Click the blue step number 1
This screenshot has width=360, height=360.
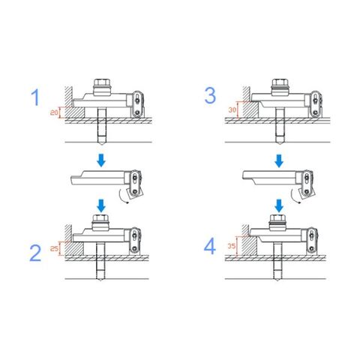point(35,97)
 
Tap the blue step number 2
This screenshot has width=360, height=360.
point(35,253)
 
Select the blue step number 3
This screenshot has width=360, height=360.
point(210,95)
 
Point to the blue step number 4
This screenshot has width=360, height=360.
point(210,247)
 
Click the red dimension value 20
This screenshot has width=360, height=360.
point(54,112)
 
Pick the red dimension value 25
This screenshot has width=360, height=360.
point(54,249)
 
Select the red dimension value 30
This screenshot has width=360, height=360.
point(232,109)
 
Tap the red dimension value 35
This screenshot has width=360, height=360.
point(232,246)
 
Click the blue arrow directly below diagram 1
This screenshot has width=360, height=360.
point(101,160)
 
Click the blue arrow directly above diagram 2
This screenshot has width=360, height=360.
point(101,205)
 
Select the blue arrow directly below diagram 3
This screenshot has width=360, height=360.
point(279,160)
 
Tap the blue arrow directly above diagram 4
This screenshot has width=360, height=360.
point(279,205)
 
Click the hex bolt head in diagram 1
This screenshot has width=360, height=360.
point(102,82)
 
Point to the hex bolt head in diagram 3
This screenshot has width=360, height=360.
point(280,82)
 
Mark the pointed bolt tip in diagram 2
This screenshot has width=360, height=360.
point(100,280)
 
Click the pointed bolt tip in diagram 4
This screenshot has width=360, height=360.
point(278,280)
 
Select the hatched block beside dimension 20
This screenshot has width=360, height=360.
point(74,112)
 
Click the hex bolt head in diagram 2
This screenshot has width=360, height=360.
point(100,218)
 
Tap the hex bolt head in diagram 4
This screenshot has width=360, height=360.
point(278,218)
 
